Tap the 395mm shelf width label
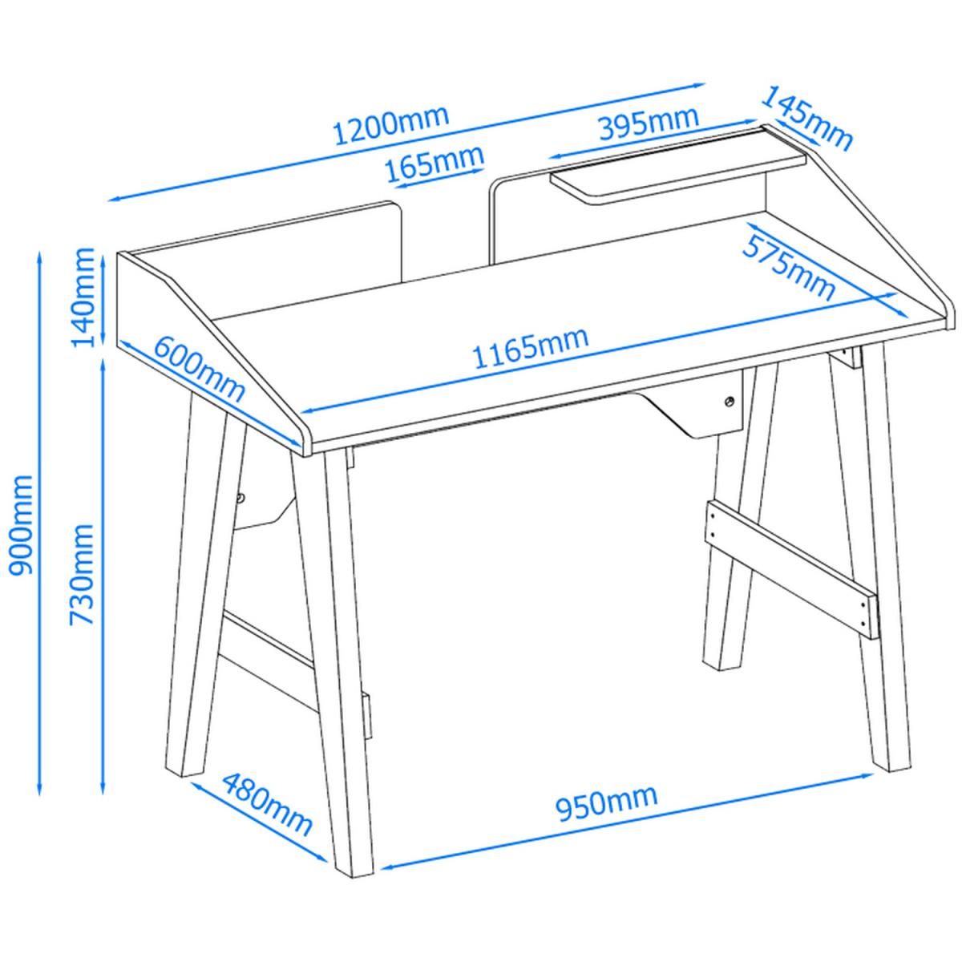pos(649,123)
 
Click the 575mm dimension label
pos(789,269)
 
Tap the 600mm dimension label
pos(200,369)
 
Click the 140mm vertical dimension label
pos(83,297)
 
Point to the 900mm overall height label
pos(22,526)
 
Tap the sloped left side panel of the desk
pos(210,350)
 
